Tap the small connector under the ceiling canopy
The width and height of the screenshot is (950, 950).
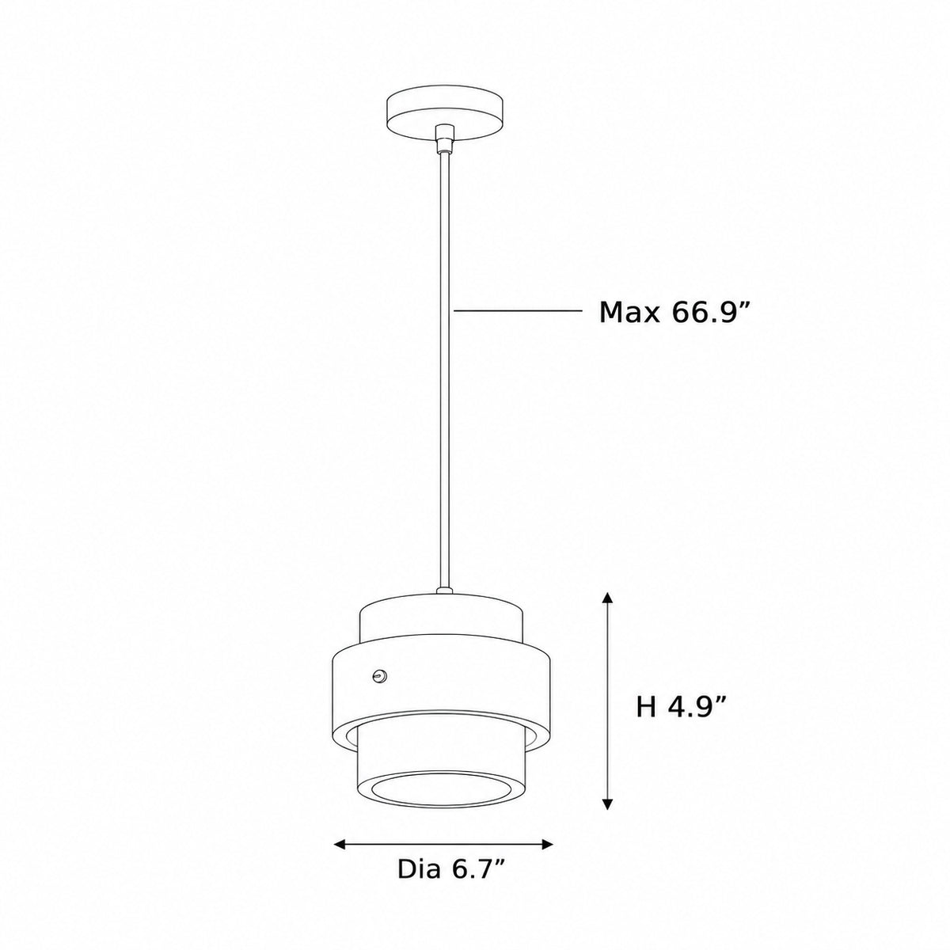pyautogui.click(x=445, y=139)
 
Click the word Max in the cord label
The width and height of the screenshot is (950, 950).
pyautogui.click(x=629, y=313)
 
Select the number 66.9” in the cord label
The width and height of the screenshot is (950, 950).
pyautogui.click(x=710, y=312)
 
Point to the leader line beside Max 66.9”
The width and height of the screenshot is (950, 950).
pyautogui.click(x=518, y=310)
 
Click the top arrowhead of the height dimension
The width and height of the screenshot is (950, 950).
pyautogui.click(x=608, y=597)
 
